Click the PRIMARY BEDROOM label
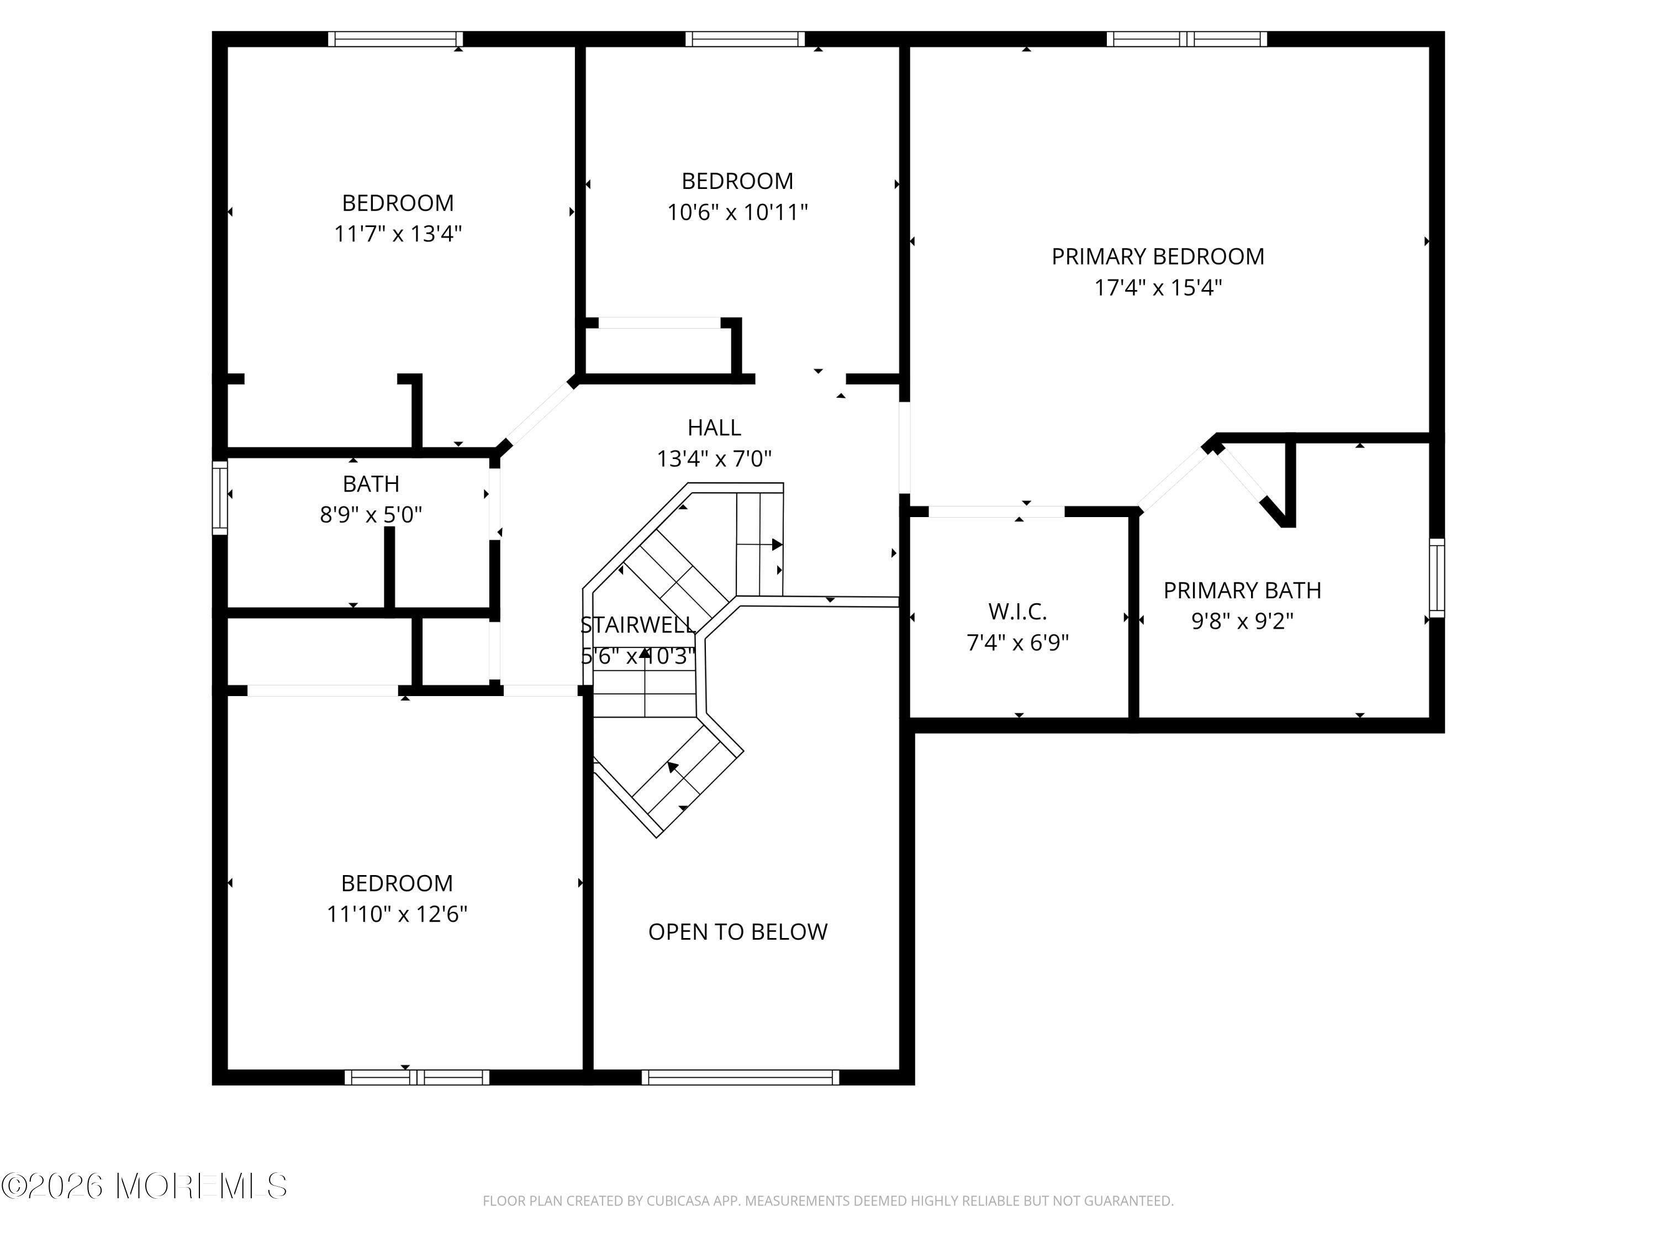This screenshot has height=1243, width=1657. [x=1157, y=257]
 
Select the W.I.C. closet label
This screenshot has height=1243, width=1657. [x=1017, y=612]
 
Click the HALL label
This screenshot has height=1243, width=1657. [x=714, y=428]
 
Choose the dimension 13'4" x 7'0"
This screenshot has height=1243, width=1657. [x=714, y=459]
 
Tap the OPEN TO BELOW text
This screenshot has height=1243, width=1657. [x=738, y=932]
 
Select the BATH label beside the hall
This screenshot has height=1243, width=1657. [x=371, y=484]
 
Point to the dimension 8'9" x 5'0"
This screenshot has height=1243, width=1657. [x=371, y=515]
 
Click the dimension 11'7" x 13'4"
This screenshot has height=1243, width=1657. [x=398, y=234]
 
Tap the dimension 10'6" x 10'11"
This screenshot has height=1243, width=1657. [x=738, y=212]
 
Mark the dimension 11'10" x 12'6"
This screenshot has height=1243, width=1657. [x=397, y=914]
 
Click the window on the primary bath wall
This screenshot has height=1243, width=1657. [x=1437, y=578]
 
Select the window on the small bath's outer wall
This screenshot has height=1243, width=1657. [x=219, y=498]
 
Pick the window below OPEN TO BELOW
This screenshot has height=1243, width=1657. [x=740, y=1077]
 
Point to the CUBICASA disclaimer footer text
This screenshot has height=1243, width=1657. [x=828, y=1201]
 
